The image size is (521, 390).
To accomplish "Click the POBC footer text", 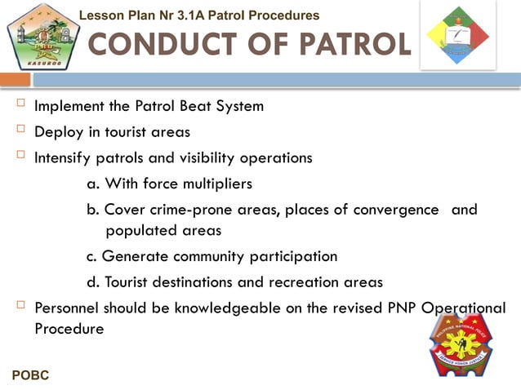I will (x=31, y=375).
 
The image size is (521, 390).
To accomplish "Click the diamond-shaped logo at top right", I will (x=458, y=34).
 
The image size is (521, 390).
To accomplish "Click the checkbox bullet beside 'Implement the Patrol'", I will (x=20, y=104).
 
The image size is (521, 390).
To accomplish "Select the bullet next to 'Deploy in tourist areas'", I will (x=20, y=130).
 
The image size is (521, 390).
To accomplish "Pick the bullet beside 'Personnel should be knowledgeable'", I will (x=20, y=306).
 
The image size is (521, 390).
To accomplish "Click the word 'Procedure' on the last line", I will (x=69, y=329).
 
